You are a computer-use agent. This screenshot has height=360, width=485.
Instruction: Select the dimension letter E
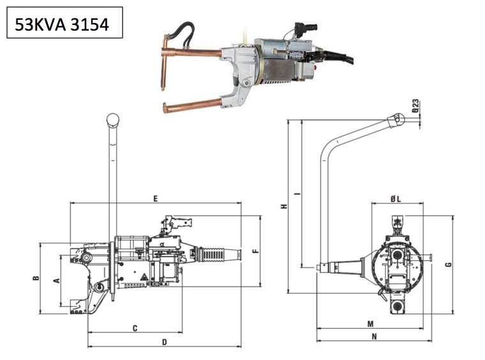click(155, 199)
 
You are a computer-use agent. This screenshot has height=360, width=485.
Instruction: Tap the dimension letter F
click(255, 251)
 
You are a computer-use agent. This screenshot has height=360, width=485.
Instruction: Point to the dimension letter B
click(36, 278)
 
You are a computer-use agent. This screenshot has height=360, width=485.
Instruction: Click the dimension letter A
click(56, 280)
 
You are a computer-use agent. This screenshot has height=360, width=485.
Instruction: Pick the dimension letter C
click(135, 328)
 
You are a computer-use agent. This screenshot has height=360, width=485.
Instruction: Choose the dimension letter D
click(164, 342)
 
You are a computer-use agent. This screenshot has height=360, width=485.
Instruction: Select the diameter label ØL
click(396, 199)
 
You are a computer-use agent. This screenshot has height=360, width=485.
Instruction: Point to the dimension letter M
click(370, 324)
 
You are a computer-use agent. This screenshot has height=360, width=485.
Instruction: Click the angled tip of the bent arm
click(397, 119)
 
